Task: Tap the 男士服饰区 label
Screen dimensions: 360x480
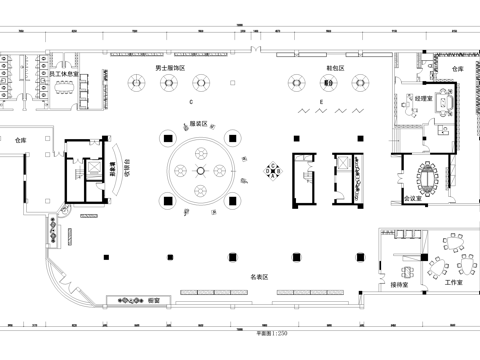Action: point(169,68)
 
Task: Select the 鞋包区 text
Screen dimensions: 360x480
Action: point(335,68)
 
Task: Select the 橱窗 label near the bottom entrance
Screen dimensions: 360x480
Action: point(154,299)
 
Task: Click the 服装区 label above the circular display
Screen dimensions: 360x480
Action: point(198,124)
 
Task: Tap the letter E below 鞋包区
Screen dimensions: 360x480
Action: point(321,102)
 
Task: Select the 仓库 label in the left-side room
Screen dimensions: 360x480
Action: point(20,142)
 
